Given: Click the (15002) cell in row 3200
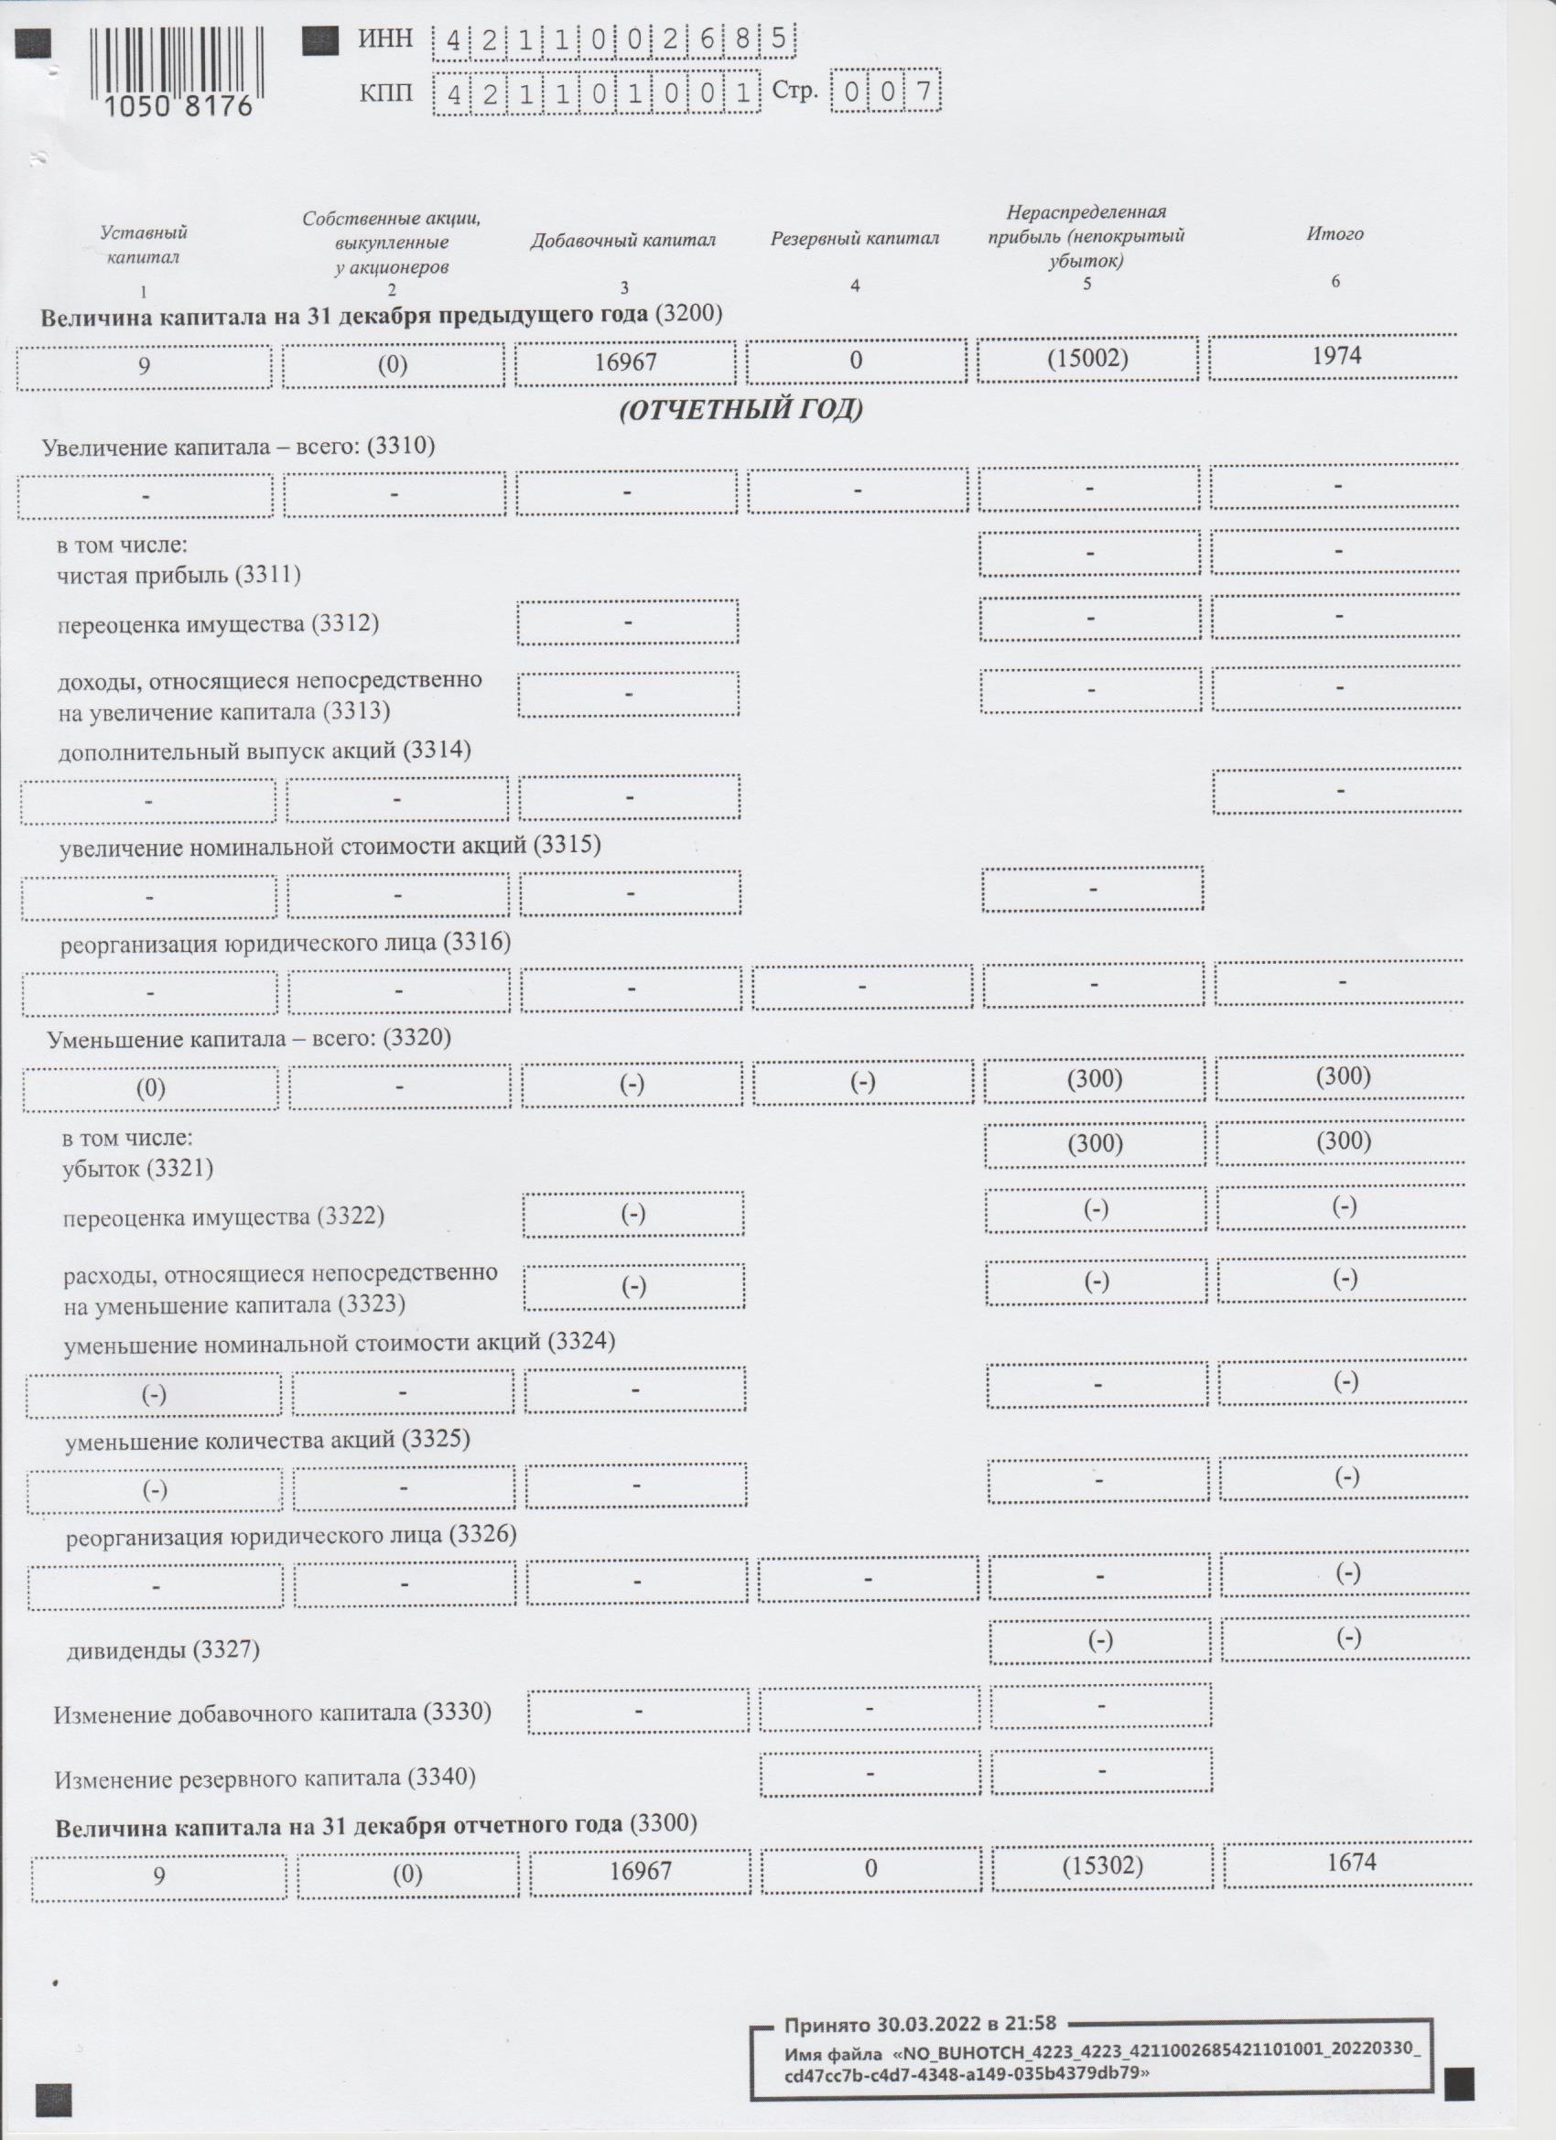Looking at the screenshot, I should (1087, 360).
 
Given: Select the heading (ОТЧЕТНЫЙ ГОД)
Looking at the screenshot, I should (740, 410).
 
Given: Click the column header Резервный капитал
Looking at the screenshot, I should (854, 240).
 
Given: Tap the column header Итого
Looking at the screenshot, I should (1334, 234).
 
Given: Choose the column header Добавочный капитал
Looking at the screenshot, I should (622, 241).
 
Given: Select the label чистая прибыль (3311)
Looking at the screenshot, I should (178, 575).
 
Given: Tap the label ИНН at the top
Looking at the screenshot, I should (385, 38).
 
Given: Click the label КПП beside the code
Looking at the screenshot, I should (385, 92).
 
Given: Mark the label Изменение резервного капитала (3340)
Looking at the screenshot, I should (265, 1778).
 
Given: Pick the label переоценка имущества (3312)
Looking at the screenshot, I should (218, 623).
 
